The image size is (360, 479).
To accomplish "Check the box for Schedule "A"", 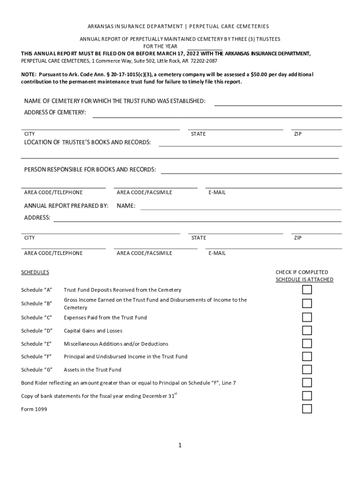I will pos(307,290).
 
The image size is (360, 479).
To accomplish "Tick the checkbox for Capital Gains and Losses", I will pos(307,331).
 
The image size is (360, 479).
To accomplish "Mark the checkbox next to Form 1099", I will pos(307,409).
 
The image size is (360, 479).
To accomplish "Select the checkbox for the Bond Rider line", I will pos(307,383).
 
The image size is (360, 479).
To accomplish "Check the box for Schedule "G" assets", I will pos(307,370).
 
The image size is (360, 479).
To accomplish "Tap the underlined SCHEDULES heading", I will pos(35,272).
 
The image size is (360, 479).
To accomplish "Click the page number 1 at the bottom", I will pos(180,445).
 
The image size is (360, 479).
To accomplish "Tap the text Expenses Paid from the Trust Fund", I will pos(105,318).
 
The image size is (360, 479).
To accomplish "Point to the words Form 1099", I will pos(34,409).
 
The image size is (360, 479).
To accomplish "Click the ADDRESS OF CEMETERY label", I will pos(55,113).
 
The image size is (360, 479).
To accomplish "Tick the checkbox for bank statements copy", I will pos(307,396).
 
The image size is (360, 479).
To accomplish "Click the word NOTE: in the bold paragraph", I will pos(29,75).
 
